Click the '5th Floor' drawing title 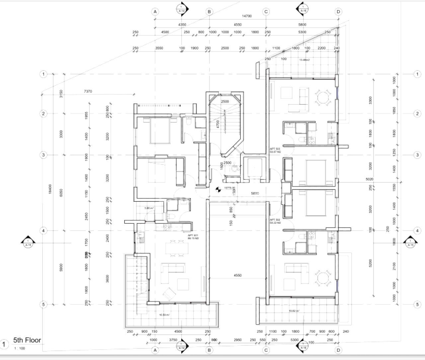tap(27, 340)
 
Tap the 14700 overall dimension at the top tap(246, 16)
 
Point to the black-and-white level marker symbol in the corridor tap(218, 190)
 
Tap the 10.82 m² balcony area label tap(294, 311)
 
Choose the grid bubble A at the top tap(155, 12)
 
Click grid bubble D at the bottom tap(338, 350)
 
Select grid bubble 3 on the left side tap(43, 155)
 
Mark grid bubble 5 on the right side tap(417, 304)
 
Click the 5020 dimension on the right tap(370, 179)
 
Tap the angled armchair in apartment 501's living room tap(169, 293)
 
